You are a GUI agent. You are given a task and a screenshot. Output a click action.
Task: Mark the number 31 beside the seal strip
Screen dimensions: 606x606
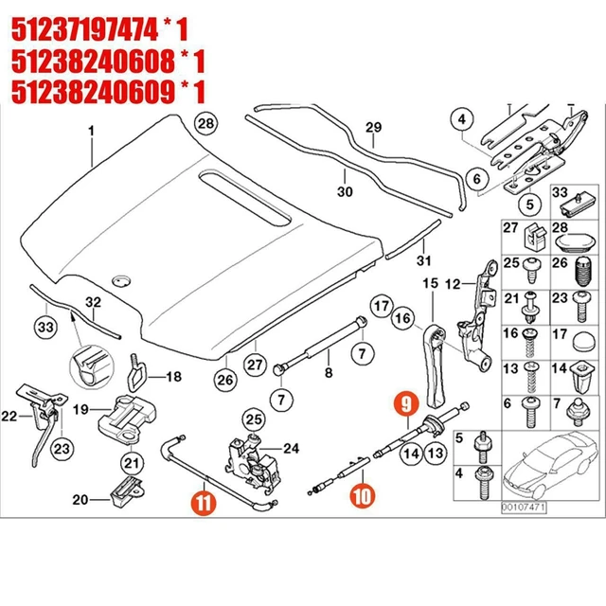(x=424, y=260)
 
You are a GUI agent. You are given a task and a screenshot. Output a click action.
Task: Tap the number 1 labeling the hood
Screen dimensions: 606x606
(x=92, y=130)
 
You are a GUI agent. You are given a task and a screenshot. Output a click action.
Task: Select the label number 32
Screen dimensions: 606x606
(x=92, y=303)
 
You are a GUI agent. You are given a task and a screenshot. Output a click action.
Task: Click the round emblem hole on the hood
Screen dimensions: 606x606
(x=120, y=281)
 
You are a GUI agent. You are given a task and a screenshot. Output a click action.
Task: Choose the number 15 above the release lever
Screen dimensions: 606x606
(x=431, y=284)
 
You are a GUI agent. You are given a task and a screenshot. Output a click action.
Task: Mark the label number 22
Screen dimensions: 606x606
(x=9, y=416)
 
